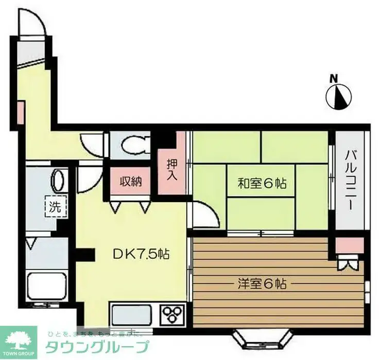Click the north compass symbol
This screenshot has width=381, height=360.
pos(339,96)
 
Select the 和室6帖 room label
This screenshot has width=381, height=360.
pos(262,183)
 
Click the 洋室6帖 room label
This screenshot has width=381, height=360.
pos(262,283)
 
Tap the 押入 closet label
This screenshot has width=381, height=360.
pos(171,170)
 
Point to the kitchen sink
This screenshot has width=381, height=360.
pos(131,314)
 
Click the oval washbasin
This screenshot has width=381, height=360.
pos(58,181)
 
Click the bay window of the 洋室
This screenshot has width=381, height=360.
pos(256,337)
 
